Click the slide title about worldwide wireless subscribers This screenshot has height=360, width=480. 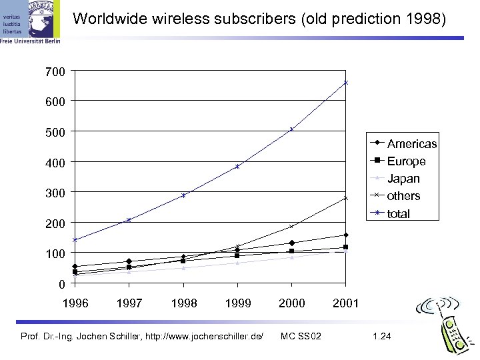(x=259, y=19)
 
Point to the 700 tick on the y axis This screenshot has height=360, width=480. (x=56, y=70)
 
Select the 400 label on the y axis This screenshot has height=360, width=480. (x=56, y=163)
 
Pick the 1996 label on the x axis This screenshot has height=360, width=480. (x=75, y=303)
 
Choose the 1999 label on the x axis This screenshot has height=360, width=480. (x=237, y=303)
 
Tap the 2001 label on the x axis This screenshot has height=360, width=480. (x=345, y=303)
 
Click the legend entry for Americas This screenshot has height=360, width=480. (x=411, y=144)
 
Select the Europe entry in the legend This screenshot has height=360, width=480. (x=406, y=161)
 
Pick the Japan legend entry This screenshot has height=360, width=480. (x=403, y=179)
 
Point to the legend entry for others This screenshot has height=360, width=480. (x=403, y=196)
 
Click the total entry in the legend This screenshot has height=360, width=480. (x=399, y=214)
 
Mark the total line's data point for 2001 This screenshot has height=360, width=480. (x=346, y=83)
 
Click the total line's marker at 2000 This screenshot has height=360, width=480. (x=291, y=129)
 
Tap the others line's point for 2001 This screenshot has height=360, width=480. (x=346, y=198)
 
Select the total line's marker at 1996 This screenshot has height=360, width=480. (x=75, y=240)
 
